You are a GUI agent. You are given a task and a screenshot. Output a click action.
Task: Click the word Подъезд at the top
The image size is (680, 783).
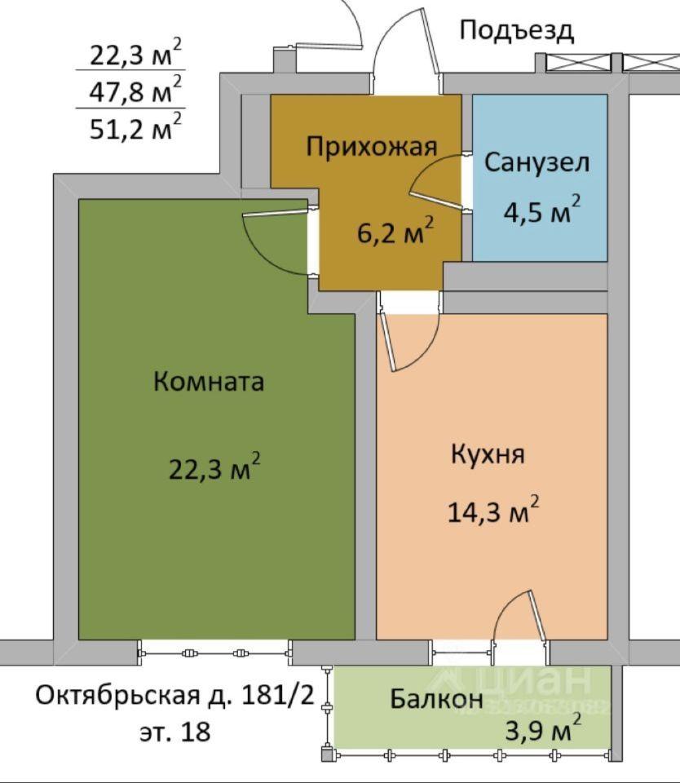tap(516, 31)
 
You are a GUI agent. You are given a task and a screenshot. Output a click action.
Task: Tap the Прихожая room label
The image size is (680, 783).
tap(372, 147)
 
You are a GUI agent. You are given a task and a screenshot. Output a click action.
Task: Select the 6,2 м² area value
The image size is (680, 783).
tap(395, 231)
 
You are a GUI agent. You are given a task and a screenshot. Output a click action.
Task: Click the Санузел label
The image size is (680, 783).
tap(536, 162)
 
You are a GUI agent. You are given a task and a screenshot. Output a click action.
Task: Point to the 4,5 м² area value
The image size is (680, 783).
tap(541, 210)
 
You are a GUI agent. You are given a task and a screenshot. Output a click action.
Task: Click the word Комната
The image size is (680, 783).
tap(209, 382)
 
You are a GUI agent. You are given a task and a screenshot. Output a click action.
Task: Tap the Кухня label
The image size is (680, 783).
tap(488, 454)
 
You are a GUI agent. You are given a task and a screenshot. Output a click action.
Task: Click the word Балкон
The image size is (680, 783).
tap(436, 698)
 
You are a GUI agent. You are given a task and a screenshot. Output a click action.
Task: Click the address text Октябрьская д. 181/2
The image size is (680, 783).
tap(174, 695)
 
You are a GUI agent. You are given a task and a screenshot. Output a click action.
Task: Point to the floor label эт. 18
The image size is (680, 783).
tap(174, 732)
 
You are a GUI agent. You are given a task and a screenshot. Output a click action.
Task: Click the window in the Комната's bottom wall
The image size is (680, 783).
tap(214, 652)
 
